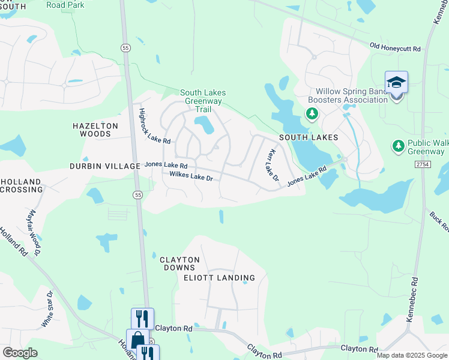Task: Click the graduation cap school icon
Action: pyautogui.click(x=396, y=82)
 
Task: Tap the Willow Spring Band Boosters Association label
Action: pyautogui.click(x=348, y=96)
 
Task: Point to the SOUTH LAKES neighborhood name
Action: pyautogui.click(x=309, y=137)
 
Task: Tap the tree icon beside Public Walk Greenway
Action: pyautogui.click(x=398, y=146)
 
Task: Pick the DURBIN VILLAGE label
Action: pyautogui.click(x=104, y=166)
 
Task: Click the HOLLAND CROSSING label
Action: pyautogui.click(x=22, y=185)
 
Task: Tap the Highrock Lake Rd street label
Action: pyautogui.click(x=155, y=126)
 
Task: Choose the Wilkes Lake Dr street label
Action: pyautogui.click(x=191, y=177)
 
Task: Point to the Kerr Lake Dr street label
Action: pyautogui.click(x=272, y=165)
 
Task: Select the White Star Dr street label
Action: pyautogui.click(x=47, y=309)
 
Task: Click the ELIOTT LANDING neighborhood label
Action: pyautogui.click(x=220, y=278)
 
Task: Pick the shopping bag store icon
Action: pyautogui.click(x=137, y=340)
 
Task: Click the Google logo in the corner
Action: pyautogui.click(x=20, y=353)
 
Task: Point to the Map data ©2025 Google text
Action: pyautogui.click(x=411, y=355)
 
